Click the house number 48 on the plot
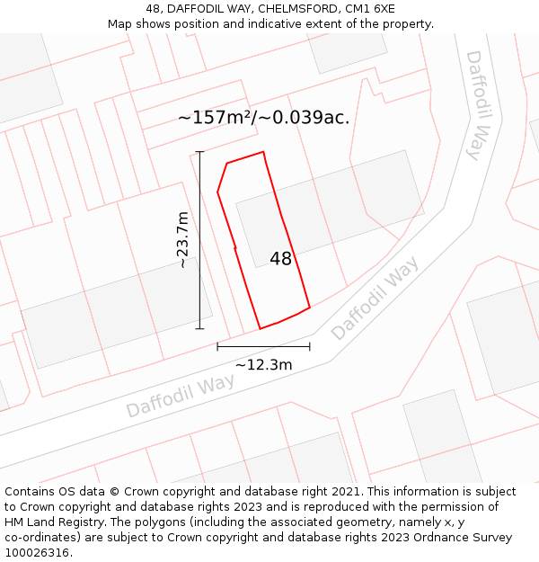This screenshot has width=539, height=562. click(x=280, y=259)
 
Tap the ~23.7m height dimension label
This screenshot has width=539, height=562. click(x=182, y=240)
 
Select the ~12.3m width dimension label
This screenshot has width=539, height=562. click(x=263, y=364)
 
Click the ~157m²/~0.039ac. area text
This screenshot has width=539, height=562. click(x=263, y=117)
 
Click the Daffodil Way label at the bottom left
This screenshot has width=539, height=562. click(x=180, y=396)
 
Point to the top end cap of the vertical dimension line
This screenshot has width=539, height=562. click(x=199, y=152)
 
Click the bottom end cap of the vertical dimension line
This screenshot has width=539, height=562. click(x=199, y=329)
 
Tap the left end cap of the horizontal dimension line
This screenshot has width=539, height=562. click(x=217, y=346)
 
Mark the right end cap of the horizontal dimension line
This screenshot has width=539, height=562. click(x=310, y=346)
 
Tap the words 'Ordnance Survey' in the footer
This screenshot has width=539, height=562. click(x=464, y=538)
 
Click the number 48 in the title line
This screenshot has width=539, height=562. click(x=153, y=8)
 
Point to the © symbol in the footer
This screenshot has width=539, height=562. click(x=115, y=492)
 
